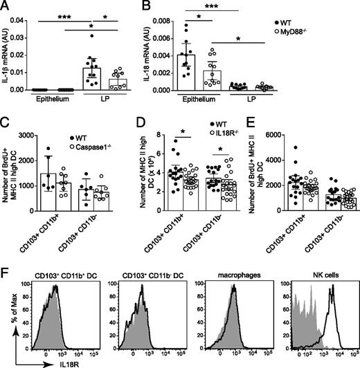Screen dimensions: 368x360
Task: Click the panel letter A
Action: [6, 6]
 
